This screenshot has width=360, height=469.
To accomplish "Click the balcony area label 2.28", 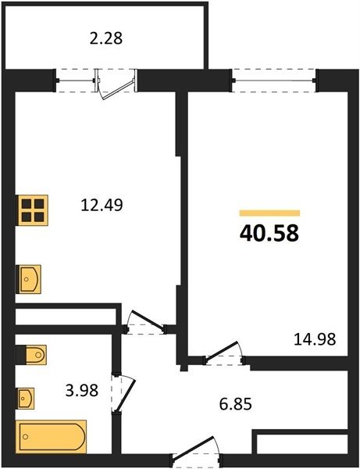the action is coord(106,38).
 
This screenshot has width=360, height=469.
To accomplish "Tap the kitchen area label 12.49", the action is coord(102,205).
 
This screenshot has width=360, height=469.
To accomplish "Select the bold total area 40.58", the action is coord(269,233).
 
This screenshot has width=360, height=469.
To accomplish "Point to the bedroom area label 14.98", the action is coord(315,339).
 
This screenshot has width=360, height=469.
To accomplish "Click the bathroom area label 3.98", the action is coord(82,390).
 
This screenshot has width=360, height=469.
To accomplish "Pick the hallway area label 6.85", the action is coord(235,404).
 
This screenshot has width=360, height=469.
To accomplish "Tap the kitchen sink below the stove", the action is coord(28,279).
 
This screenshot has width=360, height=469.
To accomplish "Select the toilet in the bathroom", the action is coord(31,355).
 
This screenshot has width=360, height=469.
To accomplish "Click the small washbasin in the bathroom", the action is coord(26,399).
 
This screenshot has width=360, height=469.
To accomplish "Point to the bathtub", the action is coord(51,437).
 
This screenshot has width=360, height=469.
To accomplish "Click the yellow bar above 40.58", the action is coord(269,213).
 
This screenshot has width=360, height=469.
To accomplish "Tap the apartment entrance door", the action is coord(196,451).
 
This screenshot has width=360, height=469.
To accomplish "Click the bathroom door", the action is coord(123,392).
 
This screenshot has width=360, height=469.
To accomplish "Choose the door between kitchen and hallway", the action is coord(145,322).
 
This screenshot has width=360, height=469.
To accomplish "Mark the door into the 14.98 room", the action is coord(224,353).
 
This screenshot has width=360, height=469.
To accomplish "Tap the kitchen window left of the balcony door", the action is coord(76,81).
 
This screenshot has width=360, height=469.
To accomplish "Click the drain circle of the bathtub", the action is coord(26,437).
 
